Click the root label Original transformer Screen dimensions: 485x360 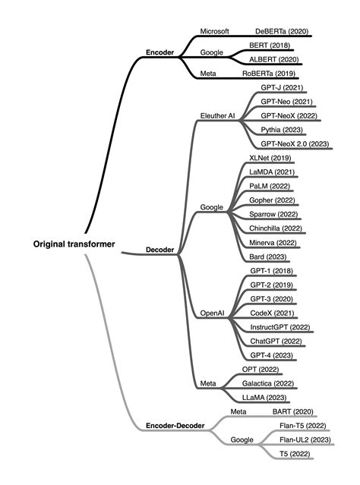click(x=74, y=244)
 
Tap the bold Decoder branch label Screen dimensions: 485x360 click(x=160, y=249)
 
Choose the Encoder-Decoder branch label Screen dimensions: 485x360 click(x=175, y=426)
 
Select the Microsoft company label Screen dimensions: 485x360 click(x=214, y=31)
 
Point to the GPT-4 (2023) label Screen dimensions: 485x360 click(x=271, y=354)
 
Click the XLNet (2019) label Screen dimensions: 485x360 click(x=270, y=158)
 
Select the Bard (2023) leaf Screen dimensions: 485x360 click(x=268, y=256)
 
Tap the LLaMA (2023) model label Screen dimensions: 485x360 click(x=264, y=397)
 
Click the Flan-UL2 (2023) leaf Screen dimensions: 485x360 click(x=305, y=439)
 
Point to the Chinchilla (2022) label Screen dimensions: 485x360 click(x=276, y=228)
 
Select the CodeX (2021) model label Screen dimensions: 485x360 click(x=271, y=312)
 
